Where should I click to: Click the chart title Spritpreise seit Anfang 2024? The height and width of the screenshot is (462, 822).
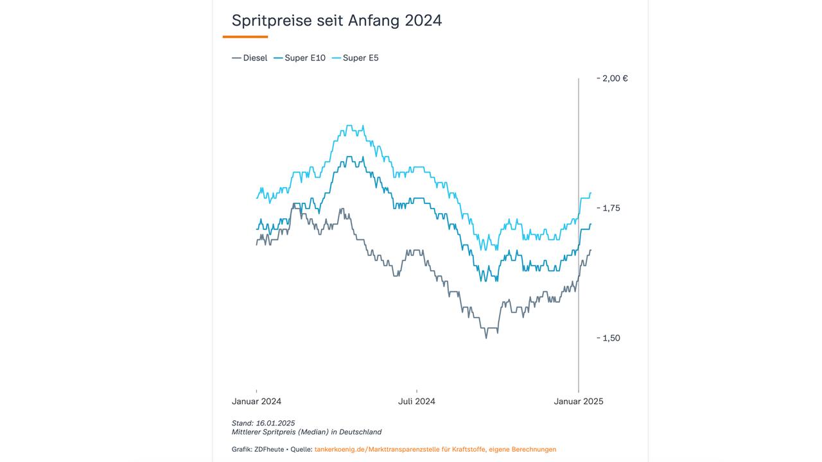[337, 21]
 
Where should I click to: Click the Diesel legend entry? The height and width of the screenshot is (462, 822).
[250, 58]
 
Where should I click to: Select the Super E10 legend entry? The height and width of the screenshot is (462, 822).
[300, 58]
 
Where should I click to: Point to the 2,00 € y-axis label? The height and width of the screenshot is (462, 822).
[615, 78]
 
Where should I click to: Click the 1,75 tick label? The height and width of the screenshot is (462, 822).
[611, 208]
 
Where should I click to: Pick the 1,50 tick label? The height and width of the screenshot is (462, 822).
[611, 338]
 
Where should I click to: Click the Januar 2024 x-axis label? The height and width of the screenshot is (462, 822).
[256, 401]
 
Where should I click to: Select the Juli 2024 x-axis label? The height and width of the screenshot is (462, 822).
[416, 401]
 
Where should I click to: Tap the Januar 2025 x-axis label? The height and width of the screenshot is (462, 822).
[579, 401]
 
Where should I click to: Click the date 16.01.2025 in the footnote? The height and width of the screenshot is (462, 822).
[276, 423]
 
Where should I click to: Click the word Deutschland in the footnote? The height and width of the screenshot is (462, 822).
[360, 432]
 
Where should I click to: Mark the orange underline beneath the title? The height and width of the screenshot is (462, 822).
[245, 37]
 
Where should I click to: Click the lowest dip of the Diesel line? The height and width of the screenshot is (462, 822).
[486, 338]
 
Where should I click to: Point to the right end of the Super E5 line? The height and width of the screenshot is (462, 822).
[591, 193]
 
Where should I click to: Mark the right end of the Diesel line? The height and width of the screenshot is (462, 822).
[591, 250]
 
